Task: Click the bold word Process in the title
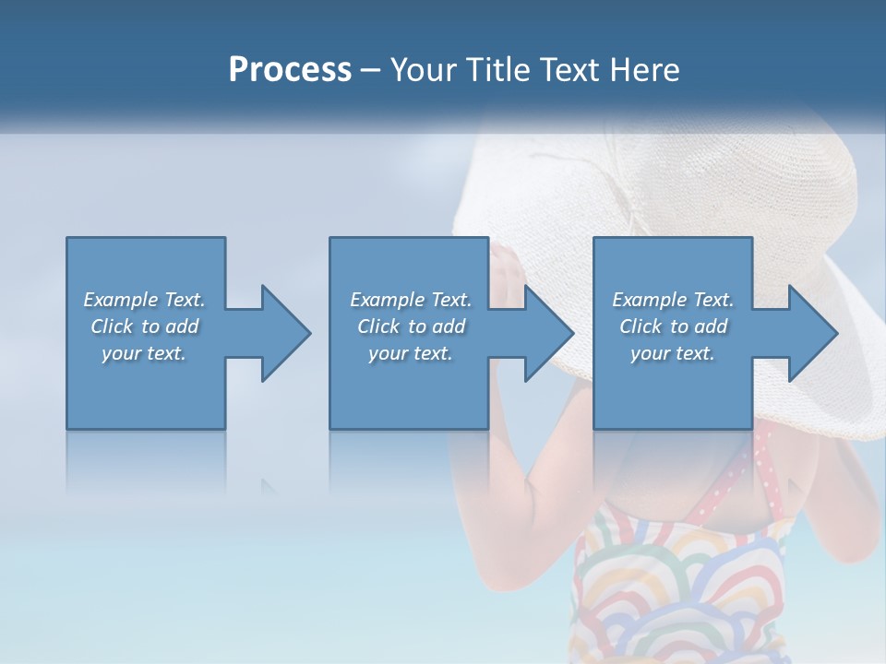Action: [290, 70]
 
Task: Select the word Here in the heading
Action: [644, 70]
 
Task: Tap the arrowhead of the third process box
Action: [812, 333]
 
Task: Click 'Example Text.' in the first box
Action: [144, 300]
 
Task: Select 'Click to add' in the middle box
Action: [411, 326]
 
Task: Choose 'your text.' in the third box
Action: [673, 353]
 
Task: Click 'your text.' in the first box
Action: [144, 353]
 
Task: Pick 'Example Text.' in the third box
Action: [673, 300]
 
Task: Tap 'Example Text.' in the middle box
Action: [411, 300]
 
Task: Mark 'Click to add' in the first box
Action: [144, 326]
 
